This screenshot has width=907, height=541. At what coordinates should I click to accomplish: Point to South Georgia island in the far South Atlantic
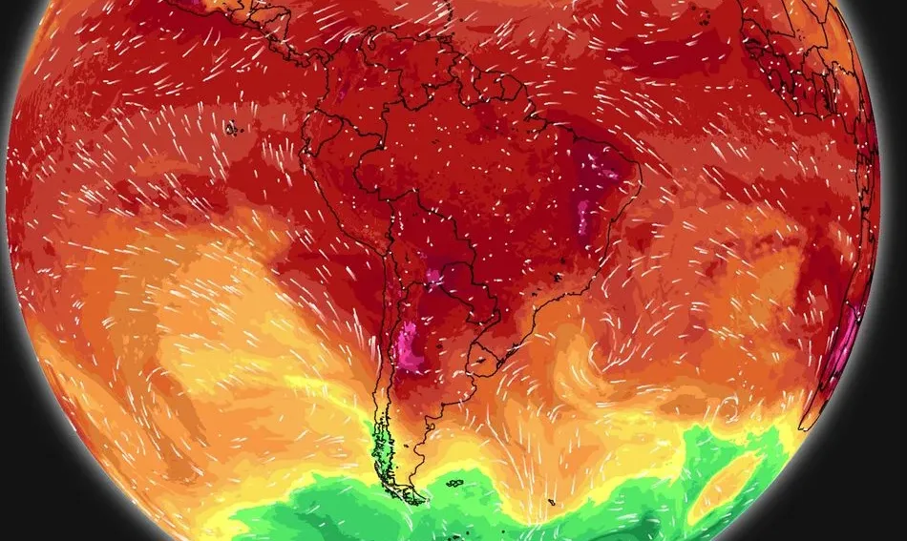coord(552,502)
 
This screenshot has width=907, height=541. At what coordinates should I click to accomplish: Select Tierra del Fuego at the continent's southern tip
coord(411,490)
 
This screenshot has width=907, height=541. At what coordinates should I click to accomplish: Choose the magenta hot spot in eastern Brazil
coord(590,191)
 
